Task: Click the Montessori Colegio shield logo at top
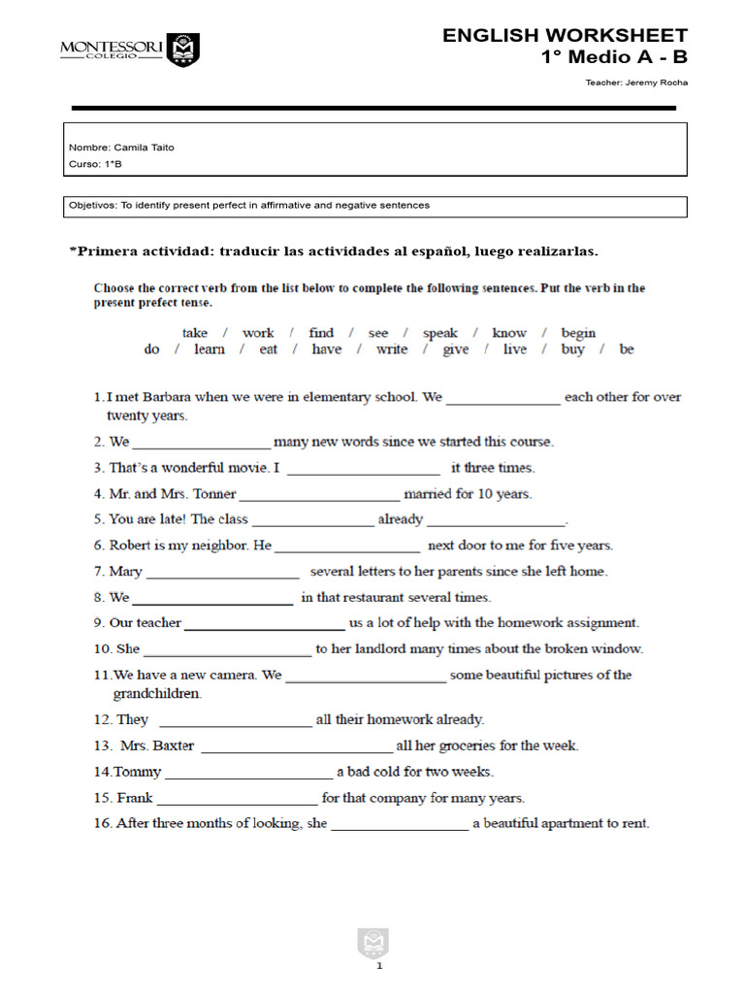click(x=182, y=49)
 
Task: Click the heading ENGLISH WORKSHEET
click(x=565, y=36)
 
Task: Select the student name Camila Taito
click(x=144, y=148)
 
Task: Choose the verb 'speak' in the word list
click(x=439, y=333)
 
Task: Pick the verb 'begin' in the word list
click(x=578, y=333)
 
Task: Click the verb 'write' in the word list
click(x=392, y=349)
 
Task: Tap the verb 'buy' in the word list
click(x=572, y=349)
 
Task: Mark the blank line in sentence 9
click(x=264, y=624)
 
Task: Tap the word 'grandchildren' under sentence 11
click(x=157, y=694)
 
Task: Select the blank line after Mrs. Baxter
click(x=296, y=747)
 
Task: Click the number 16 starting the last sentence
click(x=102, y=823)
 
